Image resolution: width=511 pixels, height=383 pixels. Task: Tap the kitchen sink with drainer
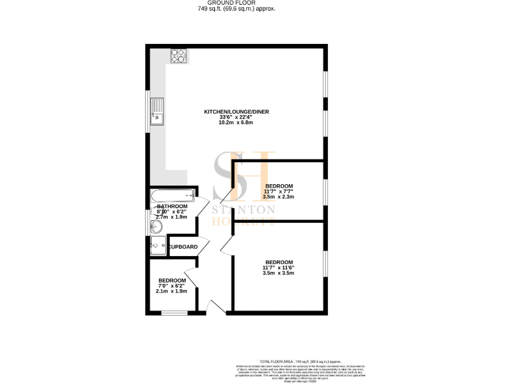click(x=156, y=112)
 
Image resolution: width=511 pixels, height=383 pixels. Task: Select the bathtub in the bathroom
click(x=172, y=195)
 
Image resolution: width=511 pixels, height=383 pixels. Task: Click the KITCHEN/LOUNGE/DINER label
click(x=236, y=112)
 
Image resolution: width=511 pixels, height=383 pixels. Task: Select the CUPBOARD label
click(x=182, y=247)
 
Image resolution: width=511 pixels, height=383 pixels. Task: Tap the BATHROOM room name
click(x=171, y=207)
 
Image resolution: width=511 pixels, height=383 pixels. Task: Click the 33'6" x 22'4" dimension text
click(x=236, y=118)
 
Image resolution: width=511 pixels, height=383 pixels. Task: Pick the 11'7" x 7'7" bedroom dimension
click(x=279, y=191)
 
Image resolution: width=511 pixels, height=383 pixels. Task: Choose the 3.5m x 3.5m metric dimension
click(x=279, y=273)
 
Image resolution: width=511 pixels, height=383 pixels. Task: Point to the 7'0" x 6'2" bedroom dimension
click(x=171, y=286)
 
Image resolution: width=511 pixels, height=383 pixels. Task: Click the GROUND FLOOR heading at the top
click(x=236, y=3)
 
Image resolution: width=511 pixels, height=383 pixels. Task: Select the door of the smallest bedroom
click(x=190, y=274)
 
